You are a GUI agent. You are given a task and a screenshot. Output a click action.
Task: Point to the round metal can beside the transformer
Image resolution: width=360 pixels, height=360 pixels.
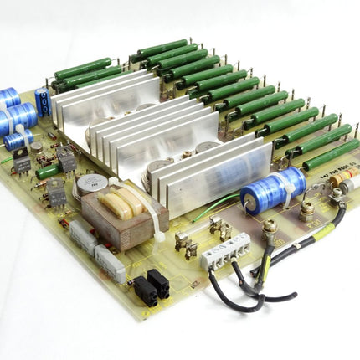pos(87,185)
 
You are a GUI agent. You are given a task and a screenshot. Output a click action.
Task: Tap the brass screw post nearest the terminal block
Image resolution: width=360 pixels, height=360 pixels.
pos(270,227)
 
